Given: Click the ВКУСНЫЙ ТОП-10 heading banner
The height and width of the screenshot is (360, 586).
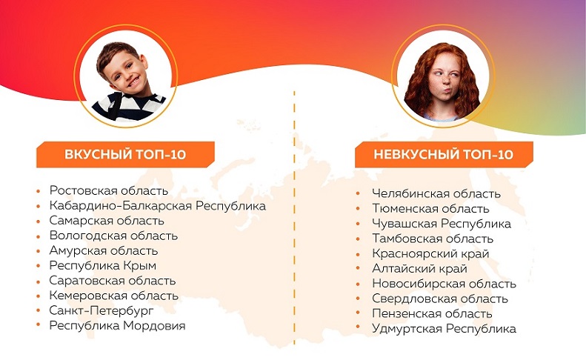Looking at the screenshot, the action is click(125, 154).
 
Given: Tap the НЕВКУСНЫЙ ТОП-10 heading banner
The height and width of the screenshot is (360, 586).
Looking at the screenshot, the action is click(444, 154).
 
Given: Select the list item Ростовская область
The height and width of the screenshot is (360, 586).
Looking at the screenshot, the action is click(109, 190).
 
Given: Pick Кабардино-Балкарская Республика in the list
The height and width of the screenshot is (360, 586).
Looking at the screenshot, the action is click(157, 206).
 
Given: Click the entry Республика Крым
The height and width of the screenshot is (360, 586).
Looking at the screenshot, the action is click(103, 266).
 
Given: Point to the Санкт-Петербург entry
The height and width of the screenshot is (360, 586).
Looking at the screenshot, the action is click(101, 310).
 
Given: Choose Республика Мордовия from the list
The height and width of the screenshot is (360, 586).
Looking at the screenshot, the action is click(117, 326).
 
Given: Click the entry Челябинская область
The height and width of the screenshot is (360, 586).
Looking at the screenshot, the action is click(436, 193).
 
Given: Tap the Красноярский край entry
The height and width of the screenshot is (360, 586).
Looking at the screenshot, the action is click(430, 254).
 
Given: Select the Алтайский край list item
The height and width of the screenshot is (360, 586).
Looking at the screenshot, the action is click(419, 269).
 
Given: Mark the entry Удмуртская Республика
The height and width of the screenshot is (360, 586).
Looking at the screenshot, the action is click(444, 329).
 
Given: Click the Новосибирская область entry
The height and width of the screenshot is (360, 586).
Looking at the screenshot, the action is click(444, 284).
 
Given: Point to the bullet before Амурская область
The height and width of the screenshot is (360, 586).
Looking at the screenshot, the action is click(38, 251).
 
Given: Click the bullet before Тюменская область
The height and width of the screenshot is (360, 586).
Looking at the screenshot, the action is click(358, 209).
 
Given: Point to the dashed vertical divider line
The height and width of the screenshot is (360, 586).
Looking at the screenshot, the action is click(294, 217).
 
